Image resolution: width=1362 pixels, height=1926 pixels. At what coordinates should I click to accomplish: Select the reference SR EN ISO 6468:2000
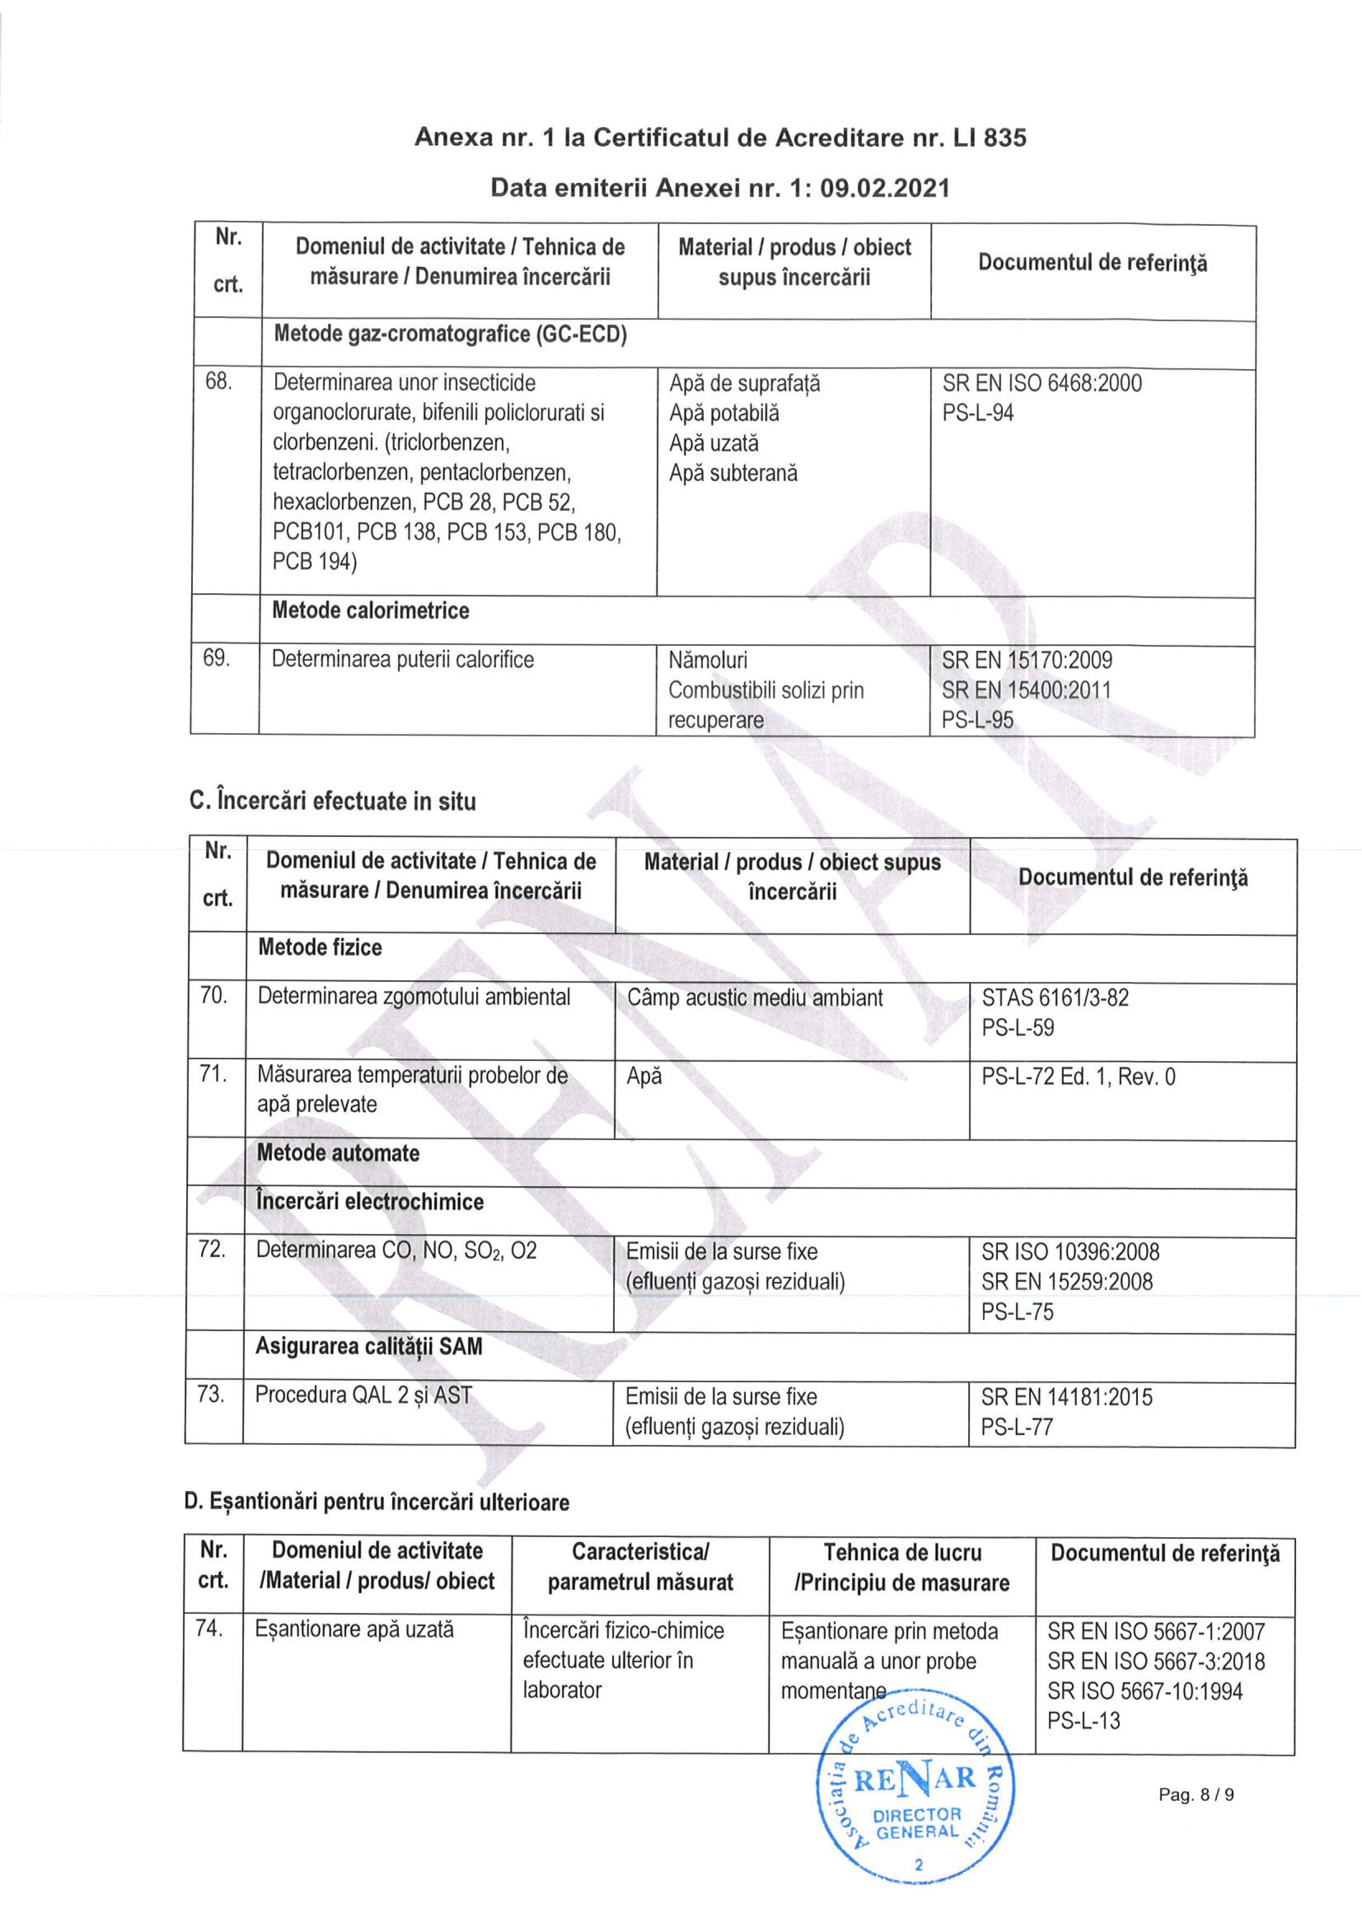(x=1042, y=383)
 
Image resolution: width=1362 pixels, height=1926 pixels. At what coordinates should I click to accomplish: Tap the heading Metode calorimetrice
(x=370, y=611)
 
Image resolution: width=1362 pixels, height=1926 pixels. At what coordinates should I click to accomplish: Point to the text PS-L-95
(x=977, y=720)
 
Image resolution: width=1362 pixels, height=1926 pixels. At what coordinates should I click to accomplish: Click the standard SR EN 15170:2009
(x=1026, y=660)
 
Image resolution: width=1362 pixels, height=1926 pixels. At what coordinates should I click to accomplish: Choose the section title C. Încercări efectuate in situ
(x=332, y=801)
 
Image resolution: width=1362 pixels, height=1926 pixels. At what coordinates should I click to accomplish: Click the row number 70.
(x=213, y=996)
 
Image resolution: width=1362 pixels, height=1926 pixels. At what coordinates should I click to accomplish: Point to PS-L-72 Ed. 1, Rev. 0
(x=1079, y=1076)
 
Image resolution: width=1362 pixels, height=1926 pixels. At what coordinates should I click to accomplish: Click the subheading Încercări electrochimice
(x=370, y=1201)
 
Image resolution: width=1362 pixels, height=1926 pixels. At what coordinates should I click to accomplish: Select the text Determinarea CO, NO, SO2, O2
(x=396, y=1250)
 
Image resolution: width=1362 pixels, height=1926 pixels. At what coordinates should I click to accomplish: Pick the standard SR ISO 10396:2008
(x=1070, y=1252)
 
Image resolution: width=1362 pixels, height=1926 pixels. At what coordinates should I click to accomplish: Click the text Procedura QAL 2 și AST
(x=363, y=1395)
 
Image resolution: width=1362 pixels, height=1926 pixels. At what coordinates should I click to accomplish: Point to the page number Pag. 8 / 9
(x=1196, y=1795)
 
